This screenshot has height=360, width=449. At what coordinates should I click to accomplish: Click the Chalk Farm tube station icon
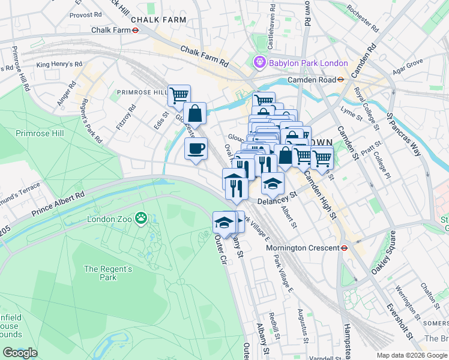pos(136,30)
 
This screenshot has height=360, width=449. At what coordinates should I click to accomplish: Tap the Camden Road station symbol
pos(340,79)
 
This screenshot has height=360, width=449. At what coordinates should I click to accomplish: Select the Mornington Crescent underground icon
pos(345,247)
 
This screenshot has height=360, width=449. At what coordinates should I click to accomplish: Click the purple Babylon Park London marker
pos(259,62)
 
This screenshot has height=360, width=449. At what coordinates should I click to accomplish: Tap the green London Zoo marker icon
pos(140,218)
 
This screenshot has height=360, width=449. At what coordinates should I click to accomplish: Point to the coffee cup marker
pos(196,149)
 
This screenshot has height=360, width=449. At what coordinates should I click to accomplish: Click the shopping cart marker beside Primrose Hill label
pos(179,94)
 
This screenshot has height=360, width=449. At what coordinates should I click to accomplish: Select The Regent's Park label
pos(108,274)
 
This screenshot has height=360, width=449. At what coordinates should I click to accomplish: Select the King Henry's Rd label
pos(59,64)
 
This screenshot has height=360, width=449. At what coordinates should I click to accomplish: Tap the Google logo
pos(20,353)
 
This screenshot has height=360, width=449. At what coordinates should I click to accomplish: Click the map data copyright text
pos(412,356)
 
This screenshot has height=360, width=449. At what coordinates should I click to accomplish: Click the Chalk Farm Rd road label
pos(204,58)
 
